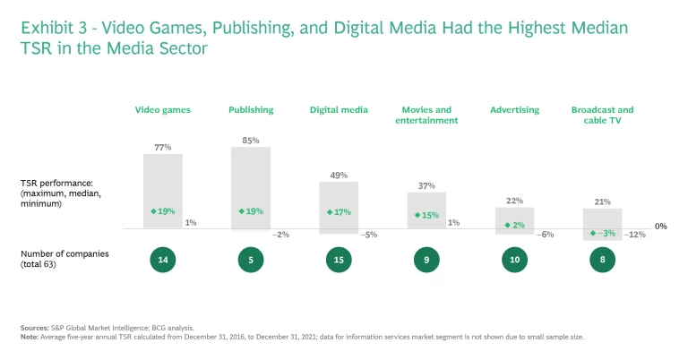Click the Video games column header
pyautogui.click(x=162, y=110)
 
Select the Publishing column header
pyautogui.click(x=251, y=110)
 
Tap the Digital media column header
pyautogui.click(x=339, y=110)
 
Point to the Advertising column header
pyautogui.click(x=514, y=110)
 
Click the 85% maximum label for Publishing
pyautogui.click(x=251, y=140)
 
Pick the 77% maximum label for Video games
pyautogui.click(x=162, y=147)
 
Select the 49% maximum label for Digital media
pyautogui.click(x=339, y=176)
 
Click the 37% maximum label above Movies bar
pyautogui.click(x=426, y=185)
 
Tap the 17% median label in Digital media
pyautogui.click(x=339, y=212)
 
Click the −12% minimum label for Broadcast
pyautogui.click(x=636, y=235)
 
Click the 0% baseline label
pyautogui.click(x=661, y=227)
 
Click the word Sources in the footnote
pyautogui.click(x=34, y=329)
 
